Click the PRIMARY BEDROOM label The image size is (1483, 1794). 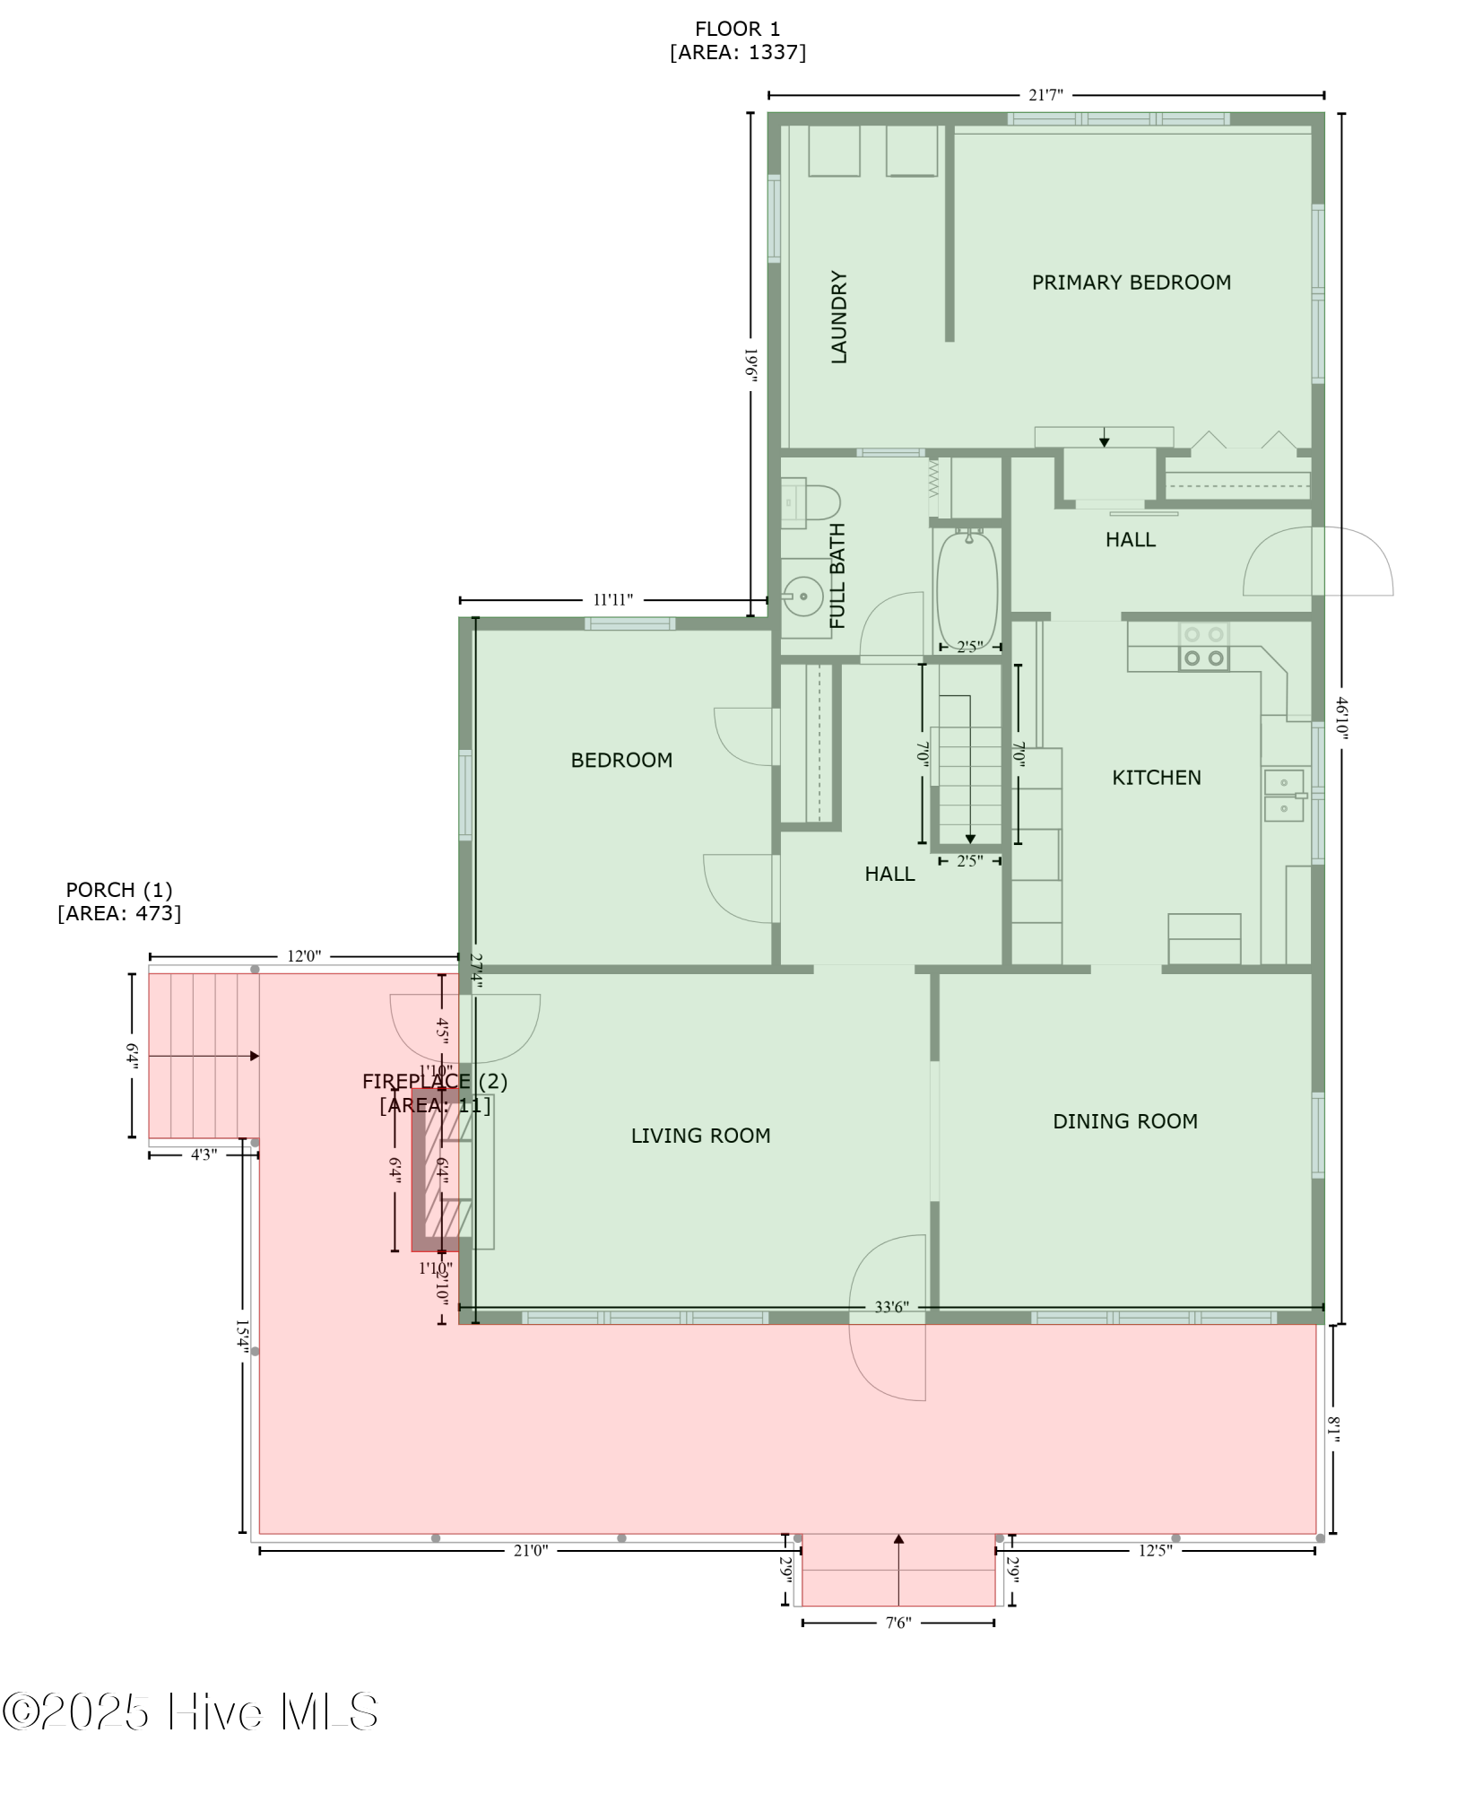[1131, 283]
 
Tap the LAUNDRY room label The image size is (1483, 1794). [839, 317]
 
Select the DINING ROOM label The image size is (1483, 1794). [1124, 1120]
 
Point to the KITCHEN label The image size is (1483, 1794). [1156, 777]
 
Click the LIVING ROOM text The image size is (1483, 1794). [700, 1136]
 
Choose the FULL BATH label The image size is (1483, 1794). [837, 575]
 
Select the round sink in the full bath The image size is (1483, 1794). [803, 595]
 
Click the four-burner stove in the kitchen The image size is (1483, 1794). [1203, 646]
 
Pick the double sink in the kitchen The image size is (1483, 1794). [1284, 795]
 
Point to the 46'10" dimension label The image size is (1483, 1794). [1341, 718]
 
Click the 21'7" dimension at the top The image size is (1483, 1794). [1045, 95]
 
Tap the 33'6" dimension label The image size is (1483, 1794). [891, 1307]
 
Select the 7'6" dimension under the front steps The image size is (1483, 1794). [898, 1622]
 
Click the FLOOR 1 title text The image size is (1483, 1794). [737, 30]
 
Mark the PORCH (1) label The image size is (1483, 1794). [118, 890]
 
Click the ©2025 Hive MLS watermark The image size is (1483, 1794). [190, 1711]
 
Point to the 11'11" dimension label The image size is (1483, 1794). [612, 599]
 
